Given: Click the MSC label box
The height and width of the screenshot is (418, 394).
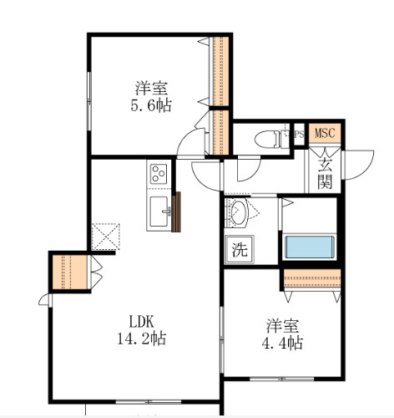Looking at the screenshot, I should (323, 133).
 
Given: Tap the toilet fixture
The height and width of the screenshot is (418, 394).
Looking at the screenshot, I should (269, 138).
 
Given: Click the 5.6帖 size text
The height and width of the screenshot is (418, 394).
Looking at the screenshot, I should (151, 105).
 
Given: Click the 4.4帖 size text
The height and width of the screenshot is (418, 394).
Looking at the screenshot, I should (285, 343).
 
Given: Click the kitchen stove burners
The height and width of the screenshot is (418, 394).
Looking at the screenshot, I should (159, 175).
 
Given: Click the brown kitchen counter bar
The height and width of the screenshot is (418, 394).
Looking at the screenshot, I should (176, 212).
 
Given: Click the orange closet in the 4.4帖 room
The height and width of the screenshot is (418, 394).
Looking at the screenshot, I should (311, 279).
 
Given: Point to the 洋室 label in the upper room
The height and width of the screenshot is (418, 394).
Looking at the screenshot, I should (151, 86).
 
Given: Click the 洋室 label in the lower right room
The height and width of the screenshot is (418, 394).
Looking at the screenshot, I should (283, 324).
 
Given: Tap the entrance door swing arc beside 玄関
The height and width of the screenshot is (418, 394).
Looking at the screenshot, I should (359, 162).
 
